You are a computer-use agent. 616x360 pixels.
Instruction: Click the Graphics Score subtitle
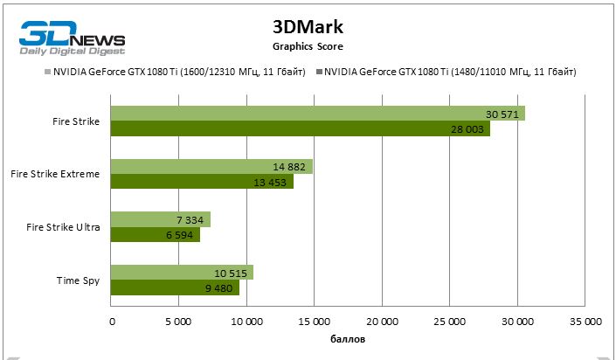click(x=307, y=45)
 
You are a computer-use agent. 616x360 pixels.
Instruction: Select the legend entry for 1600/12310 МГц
click(x=180, y=72)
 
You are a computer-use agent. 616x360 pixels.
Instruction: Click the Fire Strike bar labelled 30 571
click(x=318, y=114)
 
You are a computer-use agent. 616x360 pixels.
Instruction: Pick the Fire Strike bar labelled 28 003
click(x=301, y=128)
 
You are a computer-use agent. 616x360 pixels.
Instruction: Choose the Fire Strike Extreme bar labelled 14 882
click(x=211, y=166)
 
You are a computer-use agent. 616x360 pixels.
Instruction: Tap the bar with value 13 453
click(x=202, y=182)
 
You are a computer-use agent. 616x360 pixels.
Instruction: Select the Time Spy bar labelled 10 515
click(x=182, y=273)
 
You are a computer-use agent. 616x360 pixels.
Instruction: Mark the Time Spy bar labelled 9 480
click(x=175, y=287)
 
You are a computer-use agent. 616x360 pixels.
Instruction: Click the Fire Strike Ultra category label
click(x=63, y=227)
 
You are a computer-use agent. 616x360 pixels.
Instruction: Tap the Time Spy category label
click(x=77, y=280)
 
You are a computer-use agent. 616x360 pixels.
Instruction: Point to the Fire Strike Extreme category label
click(x=55, y=174)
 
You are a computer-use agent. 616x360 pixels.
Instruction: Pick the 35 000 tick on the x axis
click(x=585, y=322)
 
